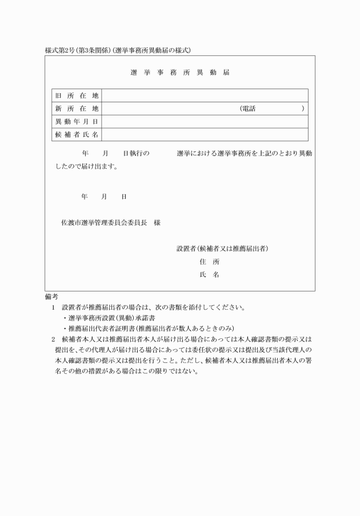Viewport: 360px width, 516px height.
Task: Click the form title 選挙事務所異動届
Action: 179,73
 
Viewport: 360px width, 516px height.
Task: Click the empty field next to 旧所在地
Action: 205,95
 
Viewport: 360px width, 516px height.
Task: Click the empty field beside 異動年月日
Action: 205,122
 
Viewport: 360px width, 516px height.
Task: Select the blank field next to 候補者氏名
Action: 205,135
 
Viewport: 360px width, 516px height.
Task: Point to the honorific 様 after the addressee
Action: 157,222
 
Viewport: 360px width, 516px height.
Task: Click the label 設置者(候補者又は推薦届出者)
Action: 223,249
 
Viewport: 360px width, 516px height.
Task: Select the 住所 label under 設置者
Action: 209,262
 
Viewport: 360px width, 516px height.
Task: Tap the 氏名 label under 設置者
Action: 209,275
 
